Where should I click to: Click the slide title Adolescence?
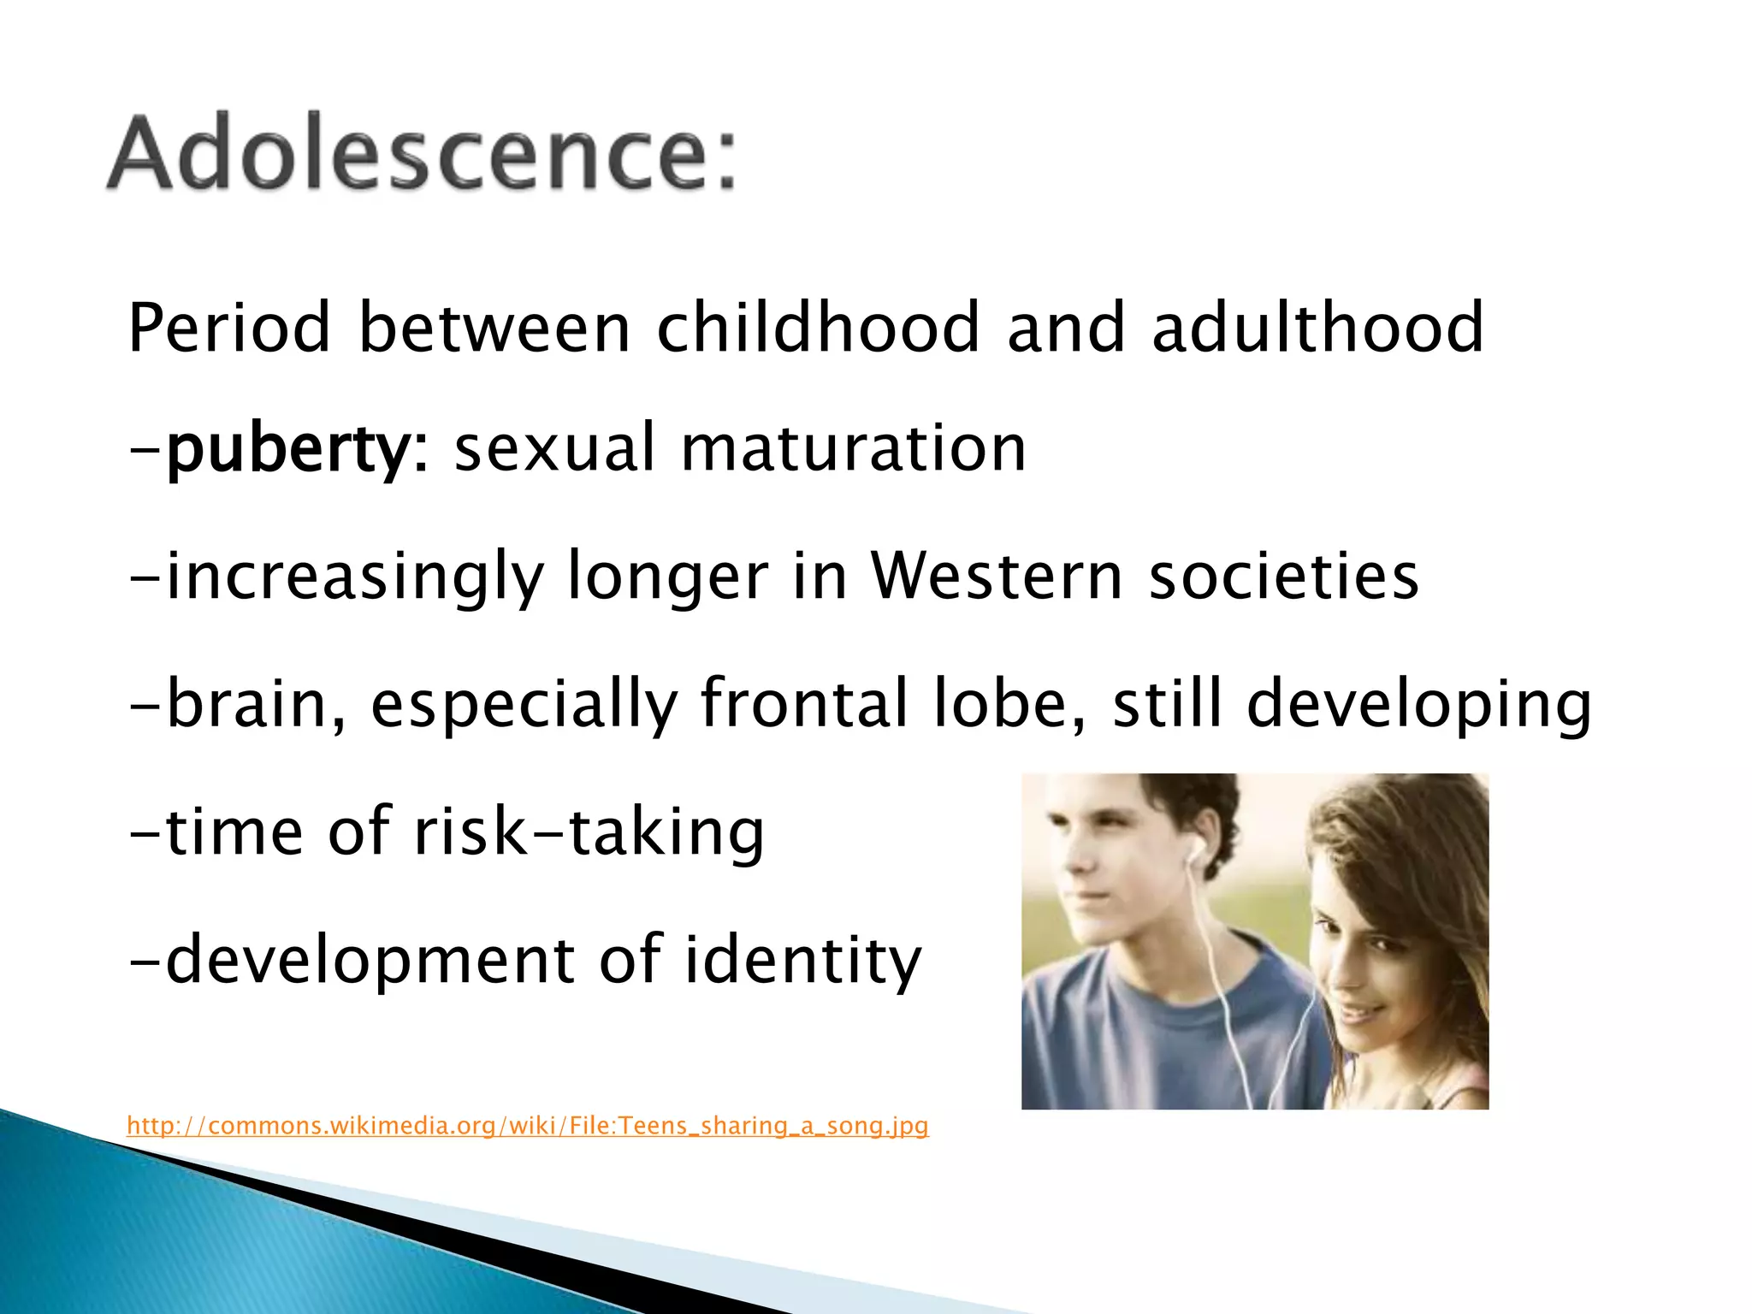421,154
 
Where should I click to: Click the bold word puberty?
288,448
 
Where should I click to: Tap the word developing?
1419,704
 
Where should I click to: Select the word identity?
803,960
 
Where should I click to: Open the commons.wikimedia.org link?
527,1125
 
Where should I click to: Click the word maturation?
853,448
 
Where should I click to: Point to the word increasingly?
354,577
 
